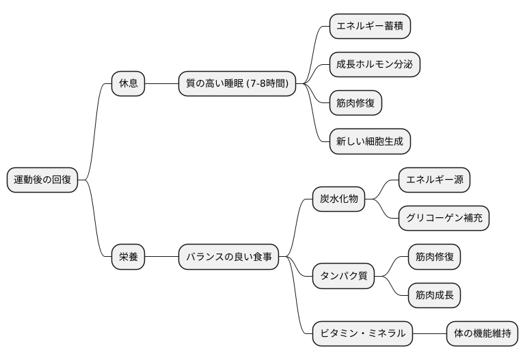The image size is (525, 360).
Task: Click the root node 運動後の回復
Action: [42, 180]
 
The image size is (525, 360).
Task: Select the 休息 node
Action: [129, 84]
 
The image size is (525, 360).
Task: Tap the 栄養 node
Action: [129, 257]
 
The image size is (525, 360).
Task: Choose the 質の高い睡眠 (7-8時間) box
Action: [237, 84]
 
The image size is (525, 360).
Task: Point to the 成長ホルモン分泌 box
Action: [374, 65]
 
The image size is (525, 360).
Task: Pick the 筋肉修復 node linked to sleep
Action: [355, 103]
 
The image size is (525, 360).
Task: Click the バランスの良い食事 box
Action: [228, 257]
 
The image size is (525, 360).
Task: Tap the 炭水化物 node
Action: [338, 199]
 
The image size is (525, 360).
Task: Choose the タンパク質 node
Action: [343, 276]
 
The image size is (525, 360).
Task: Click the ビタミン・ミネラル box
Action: [362, 333]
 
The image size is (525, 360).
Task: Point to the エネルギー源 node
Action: [435, 180]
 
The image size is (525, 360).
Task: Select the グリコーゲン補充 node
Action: [444, 219]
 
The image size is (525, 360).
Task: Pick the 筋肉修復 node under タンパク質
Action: [434, 257]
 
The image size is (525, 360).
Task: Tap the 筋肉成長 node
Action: [434, 295]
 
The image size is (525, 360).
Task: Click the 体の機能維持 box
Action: [482, 333]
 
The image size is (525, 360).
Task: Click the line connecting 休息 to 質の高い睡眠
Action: [161, 84]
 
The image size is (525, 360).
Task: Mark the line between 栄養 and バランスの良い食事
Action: [161, 257]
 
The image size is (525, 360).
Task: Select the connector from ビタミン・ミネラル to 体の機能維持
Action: [429, 333]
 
